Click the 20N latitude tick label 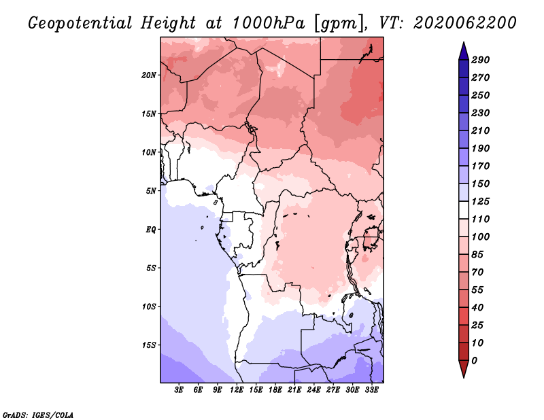(148, 75)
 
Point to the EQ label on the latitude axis (150, 230)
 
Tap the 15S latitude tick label (149, 345)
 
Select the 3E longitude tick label (179, 390)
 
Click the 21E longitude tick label (294, 390)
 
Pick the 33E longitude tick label (371, 390)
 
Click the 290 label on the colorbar (481, 60)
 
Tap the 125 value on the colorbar (481, 201)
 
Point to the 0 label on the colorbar (474, 361)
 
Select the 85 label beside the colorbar (477, 255)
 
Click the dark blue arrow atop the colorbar (464, 51)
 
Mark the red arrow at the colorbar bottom (464, 369)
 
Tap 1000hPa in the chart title (268, 23)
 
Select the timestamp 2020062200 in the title (464, 23)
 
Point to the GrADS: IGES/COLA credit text (38, 415)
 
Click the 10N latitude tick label (148, 152)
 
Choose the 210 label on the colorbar (481, 130)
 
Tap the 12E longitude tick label (237, 390)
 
